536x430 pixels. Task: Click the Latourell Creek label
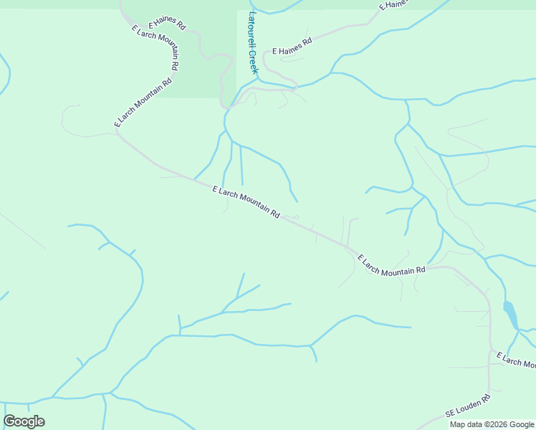[252, 43]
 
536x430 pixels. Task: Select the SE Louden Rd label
[468, 406]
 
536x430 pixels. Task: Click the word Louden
[469, 405]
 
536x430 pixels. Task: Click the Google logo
[24, 421]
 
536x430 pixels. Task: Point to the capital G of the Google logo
[9, 421]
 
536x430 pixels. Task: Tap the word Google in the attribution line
[521, 424]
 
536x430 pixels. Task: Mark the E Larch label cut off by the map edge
[517, 360]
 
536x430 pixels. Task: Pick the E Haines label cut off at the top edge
[393, 5]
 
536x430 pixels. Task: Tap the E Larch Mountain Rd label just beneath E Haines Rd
[155, 49]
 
